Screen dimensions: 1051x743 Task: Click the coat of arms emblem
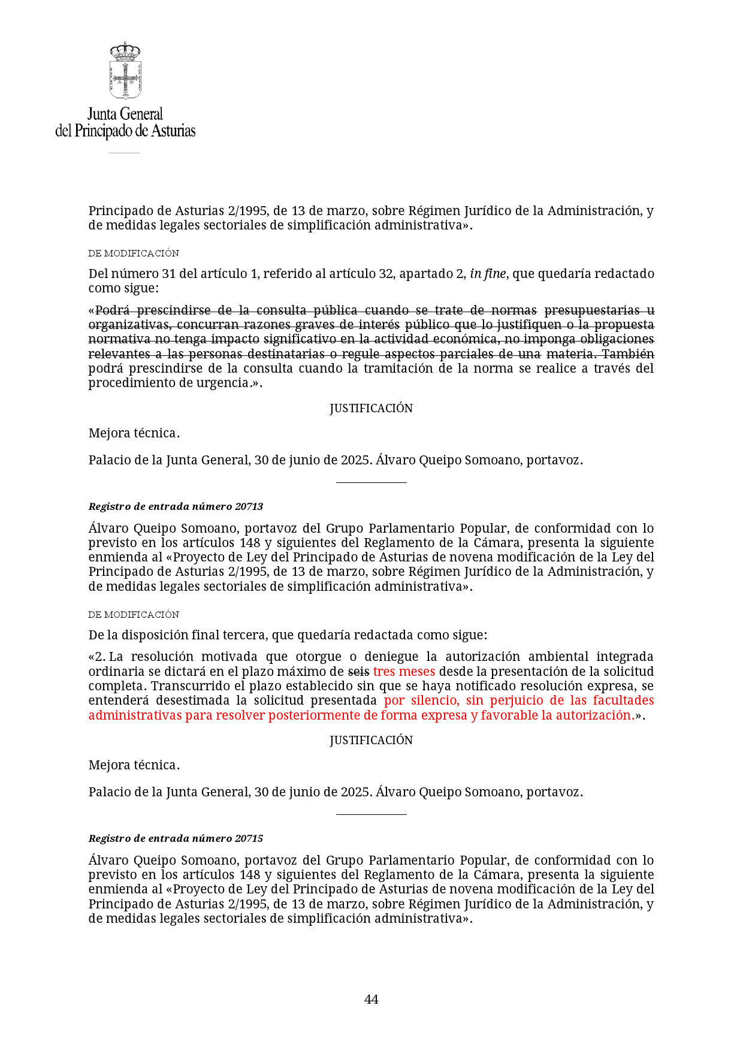(x=125, y=71)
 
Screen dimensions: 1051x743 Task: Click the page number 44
(x=371, y=999)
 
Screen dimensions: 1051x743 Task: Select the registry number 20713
(x=249, y=506)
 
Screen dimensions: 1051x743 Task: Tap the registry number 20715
(x=249, y=838)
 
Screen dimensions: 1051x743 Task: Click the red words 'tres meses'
(x=404, y=671)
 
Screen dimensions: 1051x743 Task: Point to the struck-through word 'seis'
(x=358, y=671)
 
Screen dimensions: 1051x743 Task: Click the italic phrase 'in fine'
(x=488, y=274)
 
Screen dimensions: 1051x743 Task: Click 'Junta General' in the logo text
(x=125, y=114)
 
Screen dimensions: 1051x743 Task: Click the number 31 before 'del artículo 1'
(x=170, y=274)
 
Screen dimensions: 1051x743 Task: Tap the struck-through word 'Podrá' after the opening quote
(x=113, y=310)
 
